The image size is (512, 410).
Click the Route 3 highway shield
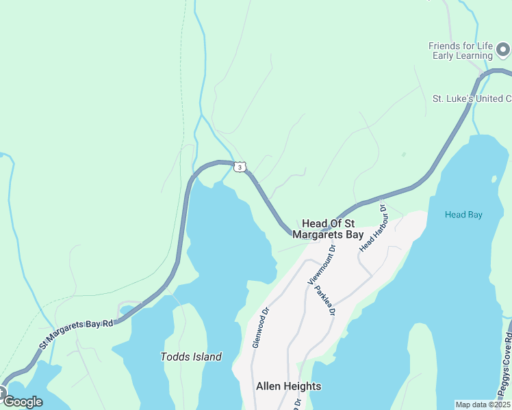click(x=238, y=167)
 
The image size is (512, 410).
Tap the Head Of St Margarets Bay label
click(x=328, y=229)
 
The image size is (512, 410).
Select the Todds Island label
click(x=191, y=357)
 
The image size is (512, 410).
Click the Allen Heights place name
click(x=288, y=386)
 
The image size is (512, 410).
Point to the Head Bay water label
click(x=463, y=215)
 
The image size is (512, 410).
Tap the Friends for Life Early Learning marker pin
click(x=503, y=50)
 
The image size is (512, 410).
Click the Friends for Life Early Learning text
click(x=461, y=51)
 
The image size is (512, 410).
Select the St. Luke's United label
click(x=472, y=98)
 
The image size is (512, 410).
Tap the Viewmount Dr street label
click(x=322, y=264)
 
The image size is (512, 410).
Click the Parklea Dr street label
click(x=324, y=300)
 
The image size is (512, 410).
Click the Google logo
click(x=23, y=402)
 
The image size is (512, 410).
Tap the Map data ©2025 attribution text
click(x=483, y=405)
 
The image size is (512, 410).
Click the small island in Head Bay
click(x=494, y=179)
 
